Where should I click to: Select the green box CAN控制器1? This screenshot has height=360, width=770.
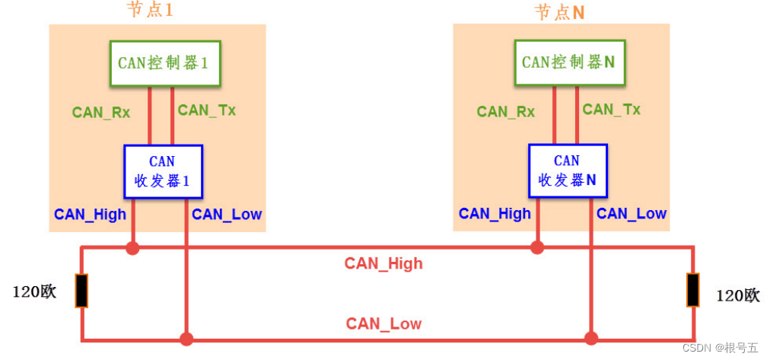(164, 63)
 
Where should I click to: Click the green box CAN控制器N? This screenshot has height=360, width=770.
(568, 62)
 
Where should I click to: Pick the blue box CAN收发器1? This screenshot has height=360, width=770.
(163, 171)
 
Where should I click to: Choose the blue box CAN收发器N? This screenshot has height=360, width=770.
(567, 171)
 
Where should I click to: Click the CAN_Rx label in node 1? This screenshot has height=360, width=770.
(101, 113)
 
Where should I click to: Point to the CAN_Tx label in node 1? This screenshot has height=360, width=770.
(206, 110)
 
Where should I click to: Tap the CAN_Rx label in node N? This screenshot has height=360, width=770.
(505, 112)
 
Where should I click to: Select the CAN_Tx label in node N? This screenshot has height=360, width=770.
(611, 110)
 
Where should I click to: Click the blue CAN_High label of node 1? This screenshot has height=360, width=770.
(90, 215)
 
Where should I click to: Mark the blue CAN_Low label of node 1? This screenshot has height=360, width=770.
(227, 215)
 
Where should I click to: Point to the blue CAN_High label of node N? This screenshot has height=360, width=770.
(495, 214)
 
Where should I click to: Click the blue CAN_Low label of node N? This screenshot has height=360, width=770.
(632, 214)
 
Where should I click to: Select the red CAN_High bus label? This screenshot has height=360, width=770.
(383, 264)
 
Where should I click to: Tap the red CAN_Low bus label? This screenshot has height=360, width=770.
(383, 324)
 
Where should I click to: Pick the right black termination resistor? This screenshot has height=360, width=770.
(692, 291)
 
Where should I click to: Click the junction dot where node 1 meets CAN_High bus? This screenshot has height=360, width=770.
(133, 247)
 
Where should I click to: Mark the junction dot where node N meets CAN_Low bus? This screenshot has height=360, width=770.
(590, 338)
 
